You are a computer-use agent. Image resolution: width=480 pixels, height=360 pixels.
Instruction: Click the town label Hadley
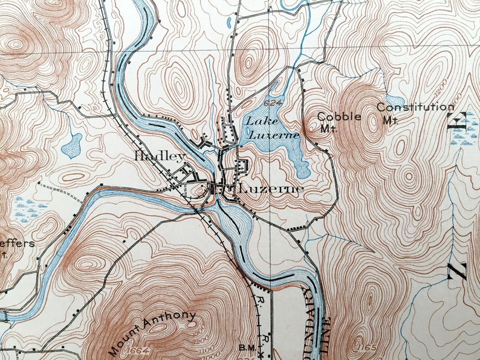[160, 156]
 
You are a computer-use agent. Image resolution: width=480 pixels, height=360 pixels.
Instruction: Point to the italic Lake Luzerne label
[271, 128]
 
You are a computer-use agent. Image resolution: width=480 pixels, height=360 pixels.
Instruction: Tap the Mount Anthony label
[152, 332]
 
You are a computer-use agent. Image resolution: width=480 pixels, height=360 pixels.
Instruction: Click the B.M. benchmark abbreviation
[248, 347]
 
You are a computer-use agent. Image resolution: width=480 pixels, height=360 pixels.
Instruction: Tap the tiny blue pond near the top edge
[229, 24]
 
